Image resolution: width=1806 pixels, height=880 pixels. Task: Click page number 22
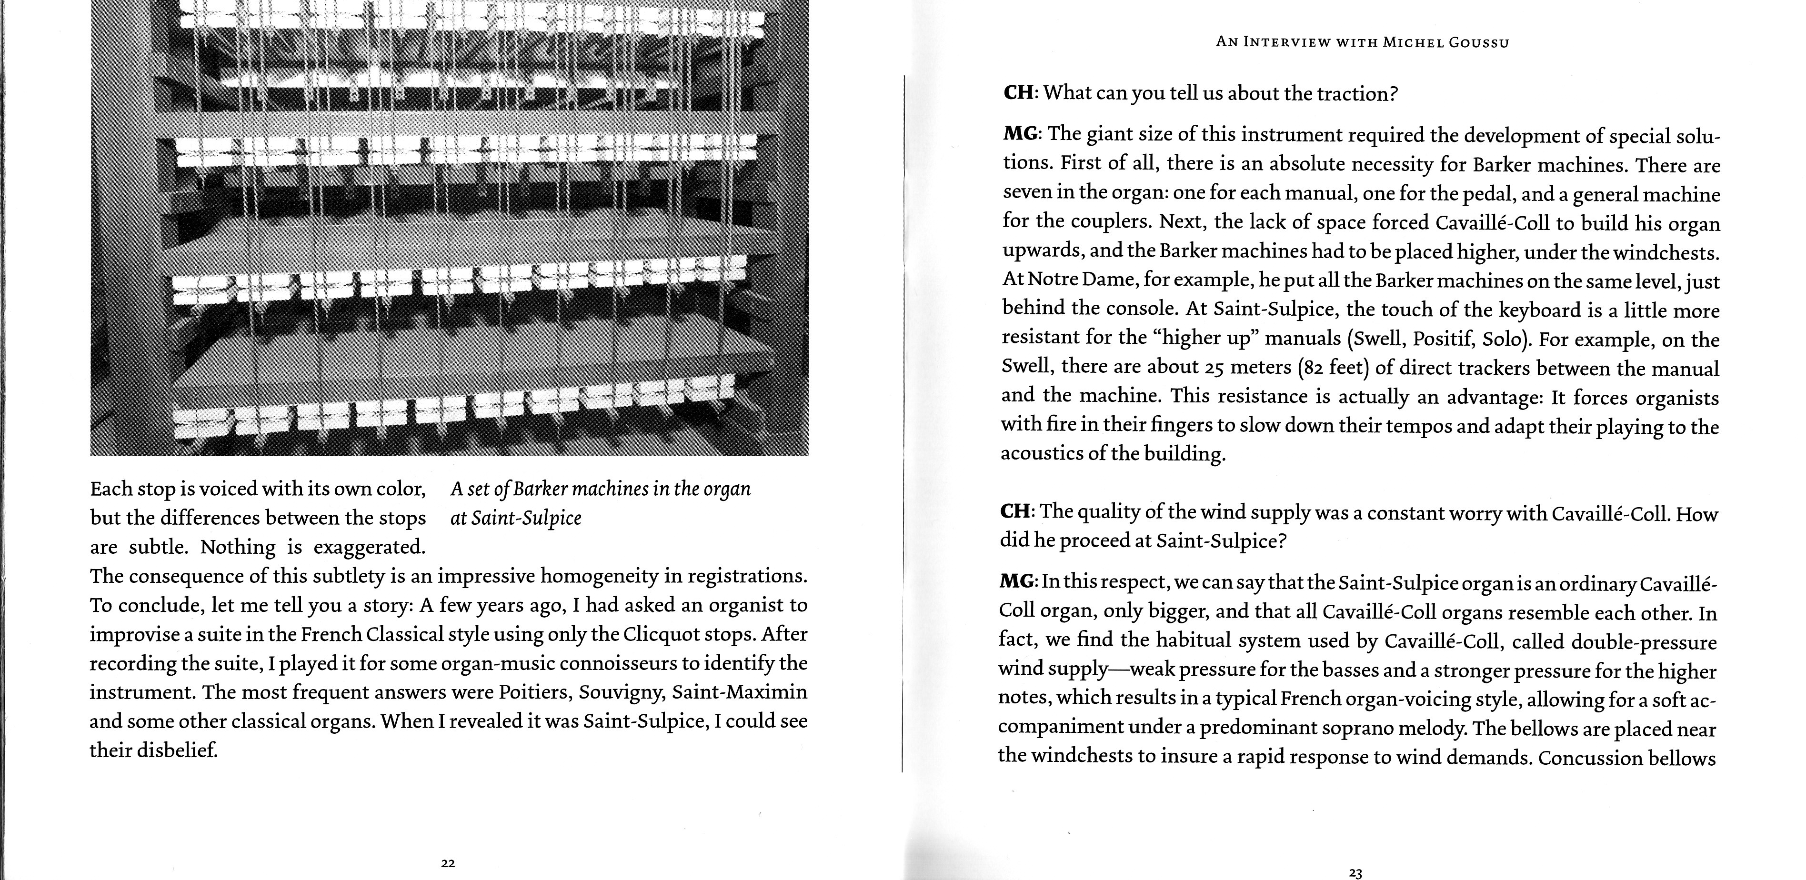tap(449, 863)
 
